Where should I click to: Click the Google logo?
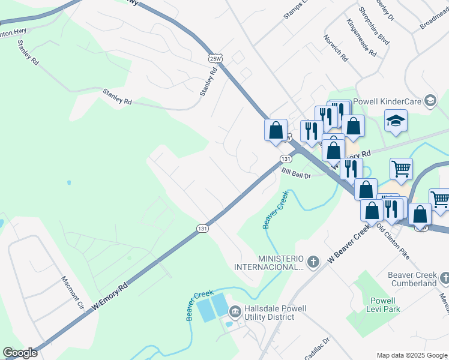click(x=20, y=353)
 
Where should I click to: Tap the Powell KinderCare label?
click(x=387, y=100)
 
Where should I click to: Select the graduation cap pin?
click(x=396, y=121)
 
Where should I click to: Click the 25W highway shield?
click(x=215, y=58)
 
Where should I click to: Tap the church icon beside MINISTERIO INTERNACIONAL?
click(x=312, y=262)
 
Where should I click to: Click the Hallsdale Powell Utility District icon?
click(x=235, y=311)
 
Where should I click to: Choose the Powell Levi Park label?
click(x=382, y=305)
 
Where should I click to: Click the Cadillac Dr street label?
click(x=317, y=349)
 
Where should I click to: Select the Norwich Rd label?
click(x=336, y=48)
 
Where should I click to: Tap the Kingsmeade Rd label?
click(x=361, y=37)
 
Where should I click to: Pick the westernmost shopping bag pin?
click(x=276, y=130)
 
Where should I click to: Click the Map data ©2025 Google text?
click(x=411, y=355)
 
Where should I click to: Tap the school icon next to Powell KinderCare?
click(x=430, y=100)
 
